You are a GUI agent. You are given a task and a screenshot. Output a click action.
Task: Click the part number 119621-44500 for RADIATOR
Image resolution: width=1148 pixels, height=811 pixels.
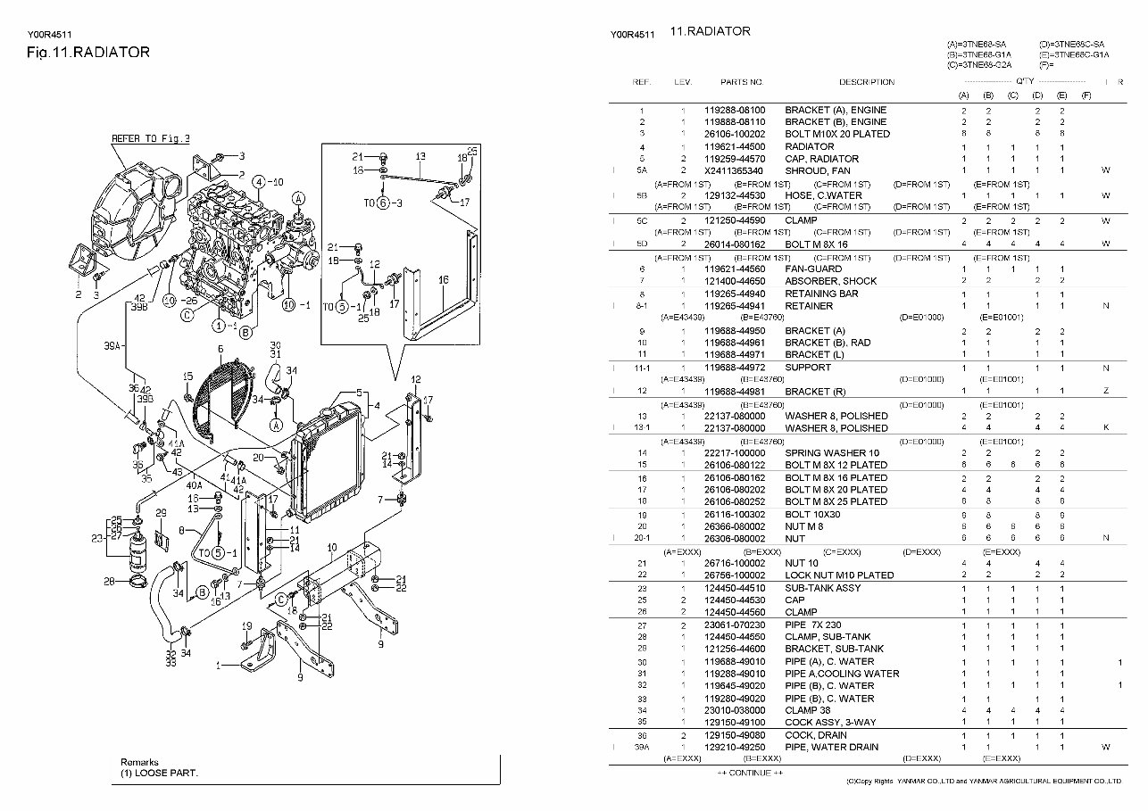click(735, 146)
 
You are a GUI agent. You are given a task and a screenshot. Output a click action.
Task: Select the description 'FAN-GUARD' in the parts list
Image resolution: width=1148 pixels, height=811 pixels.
click(812, 269)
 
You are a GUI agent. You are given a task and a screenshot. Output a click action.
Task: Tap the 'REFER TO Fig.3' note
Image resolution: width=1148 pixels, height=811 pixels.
click(150, 139)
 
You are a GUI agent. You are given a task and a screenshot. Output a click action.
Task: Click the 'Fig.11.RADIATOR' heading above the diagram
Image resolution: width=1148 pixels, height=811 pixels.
click(88, 53)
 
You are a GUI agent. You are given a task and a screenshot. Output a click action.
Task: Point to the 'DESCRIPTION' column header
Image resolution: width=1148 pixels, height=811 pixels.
click(866, 82)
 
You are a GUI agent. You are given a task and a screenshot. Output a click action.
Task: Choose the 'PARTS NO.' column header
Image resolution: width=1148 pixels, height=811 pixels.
click(742, 82)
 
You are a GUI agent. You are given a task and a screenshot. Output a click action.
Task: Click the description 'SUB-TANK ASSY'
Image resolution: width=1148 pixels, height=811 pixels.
click(823, 588)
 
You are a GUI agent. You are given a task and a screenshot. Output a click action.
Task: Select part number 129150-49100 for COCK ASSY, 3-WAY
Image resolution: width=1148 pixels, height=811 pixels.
click(735, 721)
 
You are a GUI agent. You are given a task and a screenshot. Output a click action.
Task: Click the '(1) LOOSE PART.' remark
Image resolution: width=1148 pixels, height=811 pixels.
click(160, 773)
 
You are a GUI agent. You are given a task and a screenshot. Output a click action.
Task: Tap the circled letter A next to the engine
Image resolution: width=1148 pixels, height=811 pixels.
click(299, 198)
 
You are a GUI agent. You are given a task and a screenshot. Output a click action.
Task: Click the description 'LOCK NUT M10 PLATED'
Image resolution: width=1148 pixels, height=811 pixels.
click(839, 575)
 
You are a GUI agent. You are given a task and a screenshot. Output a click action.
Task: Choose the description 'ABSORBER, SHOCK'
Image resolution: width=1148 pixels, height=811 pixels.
click(830, 281)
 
